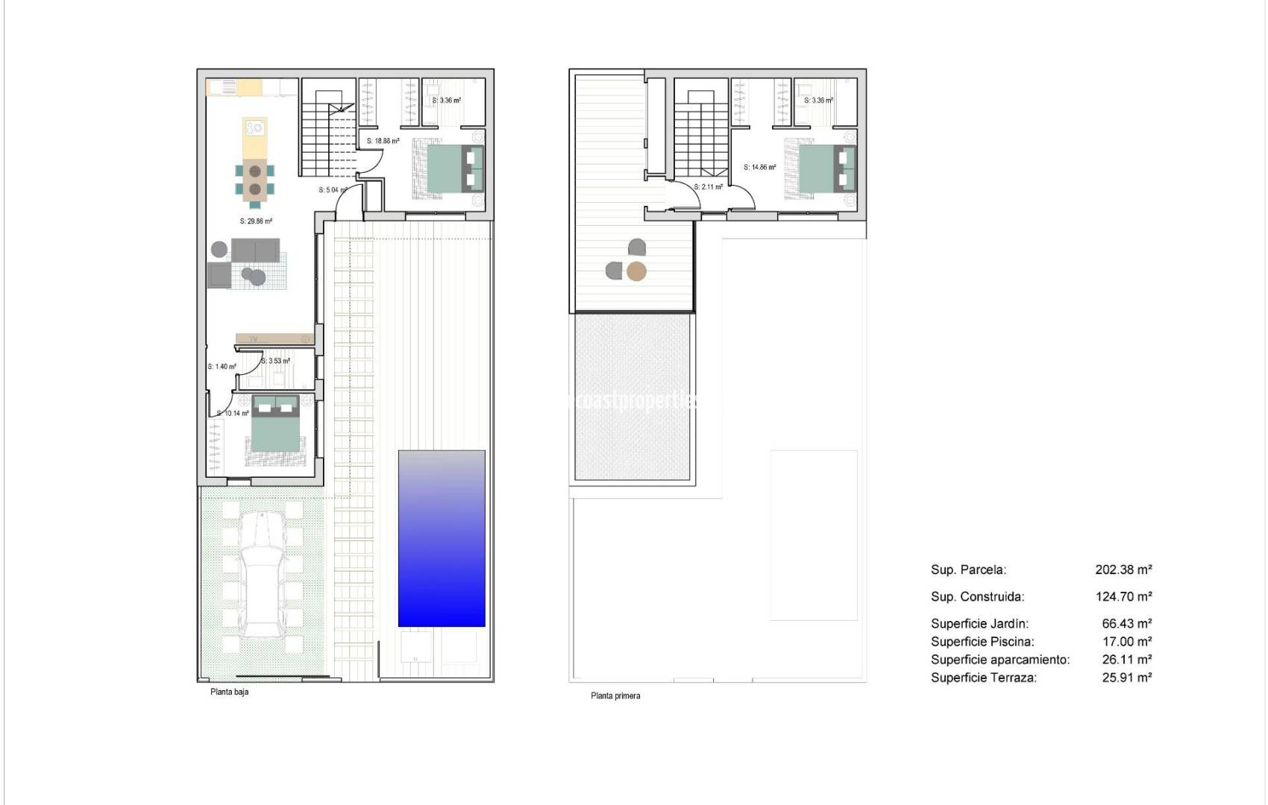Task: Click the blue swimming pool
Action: (442, 538)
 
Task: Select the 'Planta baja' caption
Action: (229, 692)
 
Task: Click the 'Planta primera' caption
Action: (615, 695)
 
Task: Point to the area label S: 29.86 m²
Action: (256, 221)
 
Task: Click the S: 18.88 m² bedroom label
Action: (383, 141)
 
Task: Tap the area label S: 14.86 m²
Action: (759, 168)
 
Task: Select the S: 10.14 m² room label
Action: (233, 414)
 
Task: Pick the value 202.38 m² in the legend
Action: (1123, 569)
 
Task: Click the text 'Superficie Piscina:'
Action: (982, 642)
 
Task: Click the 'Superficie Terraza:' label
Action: (983, 678)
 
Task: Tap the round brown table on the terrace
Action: (636, 271)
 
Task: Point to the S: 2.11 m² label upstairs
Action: (708, 187)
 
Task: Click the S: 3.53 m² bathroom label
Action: (275, 362)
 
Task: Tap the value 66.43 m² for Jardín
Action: (1126, 624)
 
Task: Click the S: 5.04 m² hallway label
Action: (333, 190)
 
